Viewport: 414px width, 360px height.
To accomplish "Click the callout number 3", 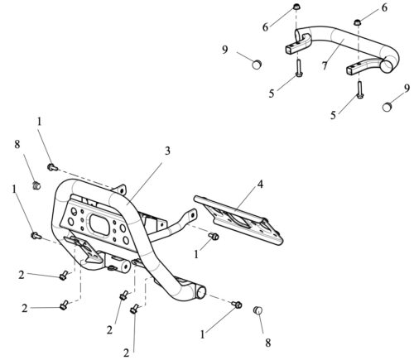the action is [x=167, y=151].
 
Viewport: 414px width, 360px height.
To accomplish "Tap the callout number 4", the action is [x=260, y=185].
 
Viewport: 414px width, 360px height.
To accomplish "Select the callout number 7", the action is [x=325, y=65].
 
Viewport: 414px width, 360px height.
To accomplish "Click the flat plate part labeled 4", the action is [x=238, y=220].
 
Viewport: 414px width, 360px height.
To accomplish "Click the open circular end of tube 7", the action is [x=388, y=65].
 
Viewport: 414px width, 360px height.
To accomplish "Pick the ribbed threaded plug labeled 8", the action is [x=36, y=185].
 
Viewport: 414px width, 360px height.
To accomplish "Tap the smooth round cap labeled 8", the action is [x=258, y=310].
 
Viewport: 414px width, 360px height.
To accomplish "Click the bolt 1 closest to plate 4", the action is [x=214, y=236].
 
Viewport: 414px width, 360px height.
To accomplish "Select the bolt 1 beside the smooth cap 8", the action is [x=237, y=305].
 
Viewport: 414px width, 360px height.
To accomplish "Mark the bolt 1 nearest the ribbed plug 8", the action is [x=52, y=167].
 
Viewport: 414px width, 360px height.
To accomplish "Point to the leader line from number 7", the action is [x=335, y=51].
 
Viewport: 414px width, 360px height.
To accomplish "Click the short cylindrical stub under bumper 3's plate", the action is [x=118, y=263].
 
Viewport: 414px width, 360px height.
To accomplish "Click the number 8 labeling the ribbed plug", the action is [x=17, y=144].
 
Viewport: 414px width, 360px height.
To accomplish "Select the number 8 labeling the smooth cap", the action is [x=268, y=343].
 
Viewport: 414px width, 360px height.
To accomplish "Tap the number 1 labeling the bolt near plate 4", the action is [x=196, y=254].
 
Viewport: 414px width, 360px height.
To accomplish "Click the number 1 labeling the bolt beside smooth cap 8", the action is [x=202, y=334].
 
